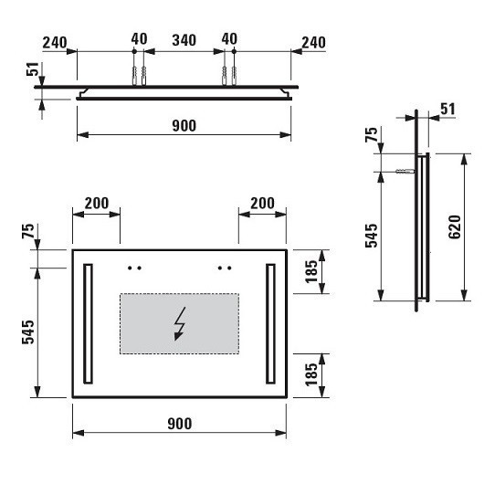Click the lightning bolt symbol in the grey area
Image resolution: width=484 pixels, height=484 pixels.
coord(180,323)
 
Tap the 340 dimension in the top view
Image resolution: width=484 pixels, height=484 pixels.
coord(184,40)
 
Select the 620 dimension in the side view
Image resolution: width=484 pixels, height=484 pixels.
coord(455,226)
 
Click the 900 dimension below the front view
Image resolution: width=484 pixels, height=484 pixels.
coord(180,424)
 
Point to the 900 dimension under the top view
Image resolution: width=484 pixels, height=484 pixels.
coord(184,126)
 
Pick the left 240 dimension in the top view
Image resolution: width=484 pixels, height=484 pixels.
coord(55,43)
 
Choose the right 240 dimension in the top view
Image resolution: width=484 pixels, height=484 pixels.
coord(313,43)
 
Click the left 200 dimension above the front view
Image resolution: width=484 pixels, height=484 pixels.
coord(97,203)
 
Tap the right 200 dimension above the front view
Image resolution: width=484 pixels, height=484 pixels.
coord(262,203)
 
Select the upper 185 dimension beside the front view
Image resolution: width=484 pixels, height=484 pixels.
coord(311,271)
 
